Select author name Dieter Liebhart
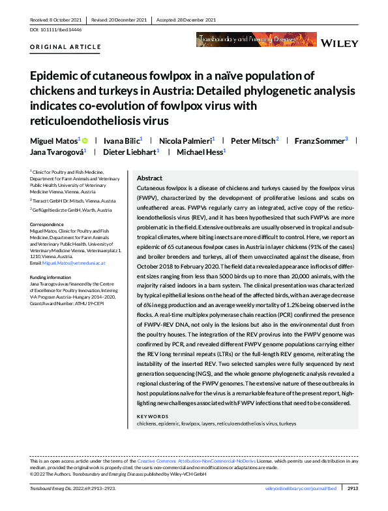(129, 152)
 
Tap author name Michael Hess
(196, 152)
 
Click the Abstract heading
(149, 178)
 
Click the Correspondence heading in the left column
(48, 224)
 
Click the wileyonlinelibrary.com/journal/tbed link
(301, 488)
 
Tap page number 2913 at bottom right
(353, 488)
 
